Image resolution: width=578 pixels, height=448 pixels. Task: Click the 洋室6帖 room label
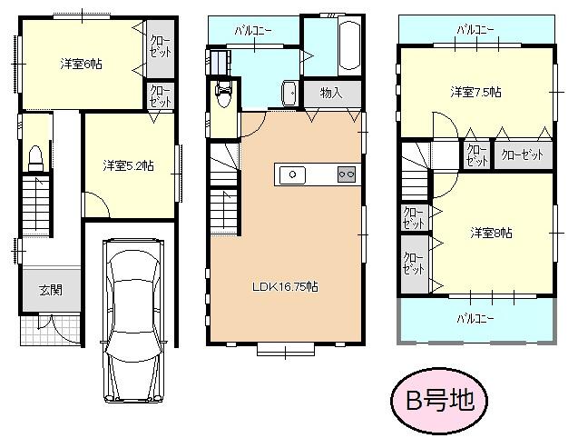82,65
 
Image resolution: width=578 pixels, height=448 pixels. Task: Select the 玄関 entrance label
50,290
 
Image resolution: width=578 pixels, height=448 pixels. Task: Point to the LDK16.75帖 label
284,286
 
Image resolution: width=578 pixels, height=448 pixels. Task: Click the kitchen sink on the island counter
293,174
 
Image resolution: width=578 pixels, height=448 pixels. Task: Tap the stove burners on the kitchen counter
346,174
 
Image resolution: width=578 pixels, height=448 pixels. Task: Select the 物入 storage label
330,93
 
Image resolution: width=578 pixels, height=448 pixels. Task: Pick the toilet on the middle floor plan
223,94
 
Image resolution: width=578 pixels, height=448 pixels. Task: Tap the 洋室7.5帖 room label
476,92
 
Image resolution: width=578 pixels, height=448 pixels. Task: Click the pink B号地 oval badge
438,400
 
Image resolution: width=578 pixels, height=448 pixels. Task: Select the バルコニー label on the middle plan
253,29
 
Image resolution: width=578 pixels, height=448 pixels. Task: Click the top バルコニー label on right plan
475,29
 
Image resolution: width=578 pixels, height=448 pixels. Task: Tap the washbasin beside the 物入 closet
289,93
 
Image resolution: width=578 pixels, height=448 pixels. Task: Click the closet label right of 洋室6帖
158,45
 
